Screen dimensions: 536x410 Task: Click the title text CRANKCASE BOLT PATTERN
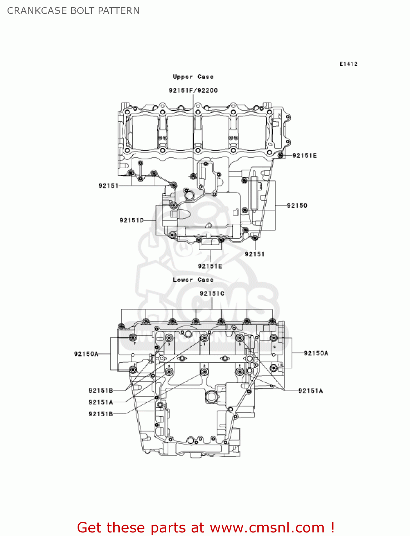[73, 11]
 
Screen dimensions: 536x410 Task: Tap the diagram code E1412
[348, 64]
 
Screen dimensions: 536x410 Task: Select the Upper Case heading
[193, 77]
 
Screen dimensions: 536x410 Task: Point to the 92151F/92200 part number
[193, 90]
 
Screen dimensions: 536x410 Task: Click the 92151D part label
[132, 220]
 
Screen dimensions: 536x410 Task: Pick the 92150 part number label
[297, 205]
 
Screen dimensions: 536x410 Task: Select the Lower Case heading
[193, 280]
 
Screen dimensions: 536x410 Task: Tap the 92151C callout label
[212, 293]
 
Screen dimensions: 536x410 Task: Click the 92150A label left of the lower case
[86, 354]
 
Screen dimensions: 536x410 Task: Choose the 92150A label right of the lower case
[316, 353]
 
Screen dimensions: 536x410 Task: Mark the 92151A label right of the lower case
[311, 391]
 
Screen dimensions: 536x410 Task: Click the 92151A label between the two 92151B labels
[101, 402]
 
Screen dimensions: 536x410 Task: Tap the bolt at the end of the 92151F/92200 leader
[193, 175]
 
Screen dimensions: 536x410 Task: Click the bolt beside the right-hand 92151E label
[281, 155]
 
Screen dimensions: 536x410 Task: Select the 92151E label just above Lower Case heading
[210, 266]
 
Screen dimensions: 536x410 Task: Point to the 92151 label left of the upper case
[108, 185]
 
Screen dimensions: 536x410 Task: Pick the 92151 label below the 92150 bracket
[255, 254]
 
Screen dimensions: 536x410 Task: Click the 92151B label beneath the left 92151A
[101, 414]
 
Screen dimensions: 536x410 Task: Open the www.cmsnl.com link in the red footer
[267, 528]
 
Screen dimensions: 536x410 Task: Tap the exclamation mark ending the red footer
[332, 528]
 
